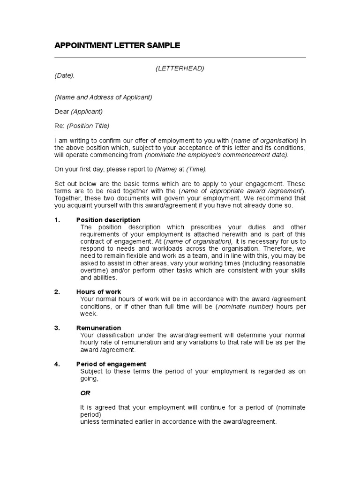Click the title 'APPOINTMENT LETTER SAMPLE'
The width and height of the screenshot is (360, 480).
coord(117,45)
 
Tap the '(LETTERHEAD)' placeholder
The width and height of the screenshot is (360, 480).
coord(180,68)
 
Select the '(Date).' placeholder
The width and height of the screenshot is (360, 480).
coord(64,75)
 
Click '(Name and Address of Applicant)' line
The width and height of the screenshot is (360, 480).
coord(103,97)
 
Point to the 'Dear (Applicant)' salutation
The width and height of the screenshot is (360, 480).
coord(78,112)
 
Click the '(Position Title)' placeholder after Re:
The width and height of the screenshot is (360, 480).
coord(88,126)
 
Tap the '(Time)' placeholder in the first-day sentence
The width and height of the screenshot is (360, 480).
coord(196,169)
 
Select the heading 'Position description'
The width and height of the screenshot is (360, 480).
coord(108,220)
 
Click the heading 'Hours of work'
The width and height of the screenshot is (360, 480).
coord(98,292)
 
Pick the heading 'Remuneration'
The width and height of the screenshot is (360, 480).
coord(98,328)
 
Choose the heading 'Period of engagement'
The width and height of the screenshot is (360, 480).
coord(111,364)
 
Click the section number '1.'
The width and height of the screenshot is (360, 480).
coord(57,220)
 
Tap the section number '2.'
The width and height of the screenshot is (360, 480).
coord(57,292)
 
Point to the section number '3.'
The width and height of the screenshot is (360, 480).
coord(57,328)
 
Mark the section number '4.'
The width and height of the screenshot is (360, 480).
coord(57,364)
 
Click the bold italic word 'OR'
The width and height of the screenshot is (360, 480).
coord(85,393)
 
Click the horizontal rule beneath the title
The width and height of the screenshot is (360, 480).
coord(180,58)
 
